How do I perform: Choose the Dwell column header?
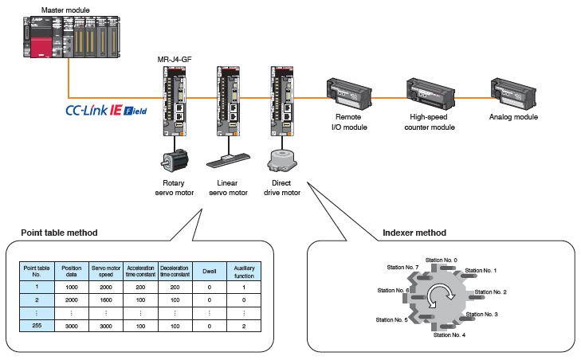point(210,268)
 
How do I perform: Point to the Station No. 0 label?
point(442,260)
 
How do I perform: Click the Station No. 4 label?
point(449,335)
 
